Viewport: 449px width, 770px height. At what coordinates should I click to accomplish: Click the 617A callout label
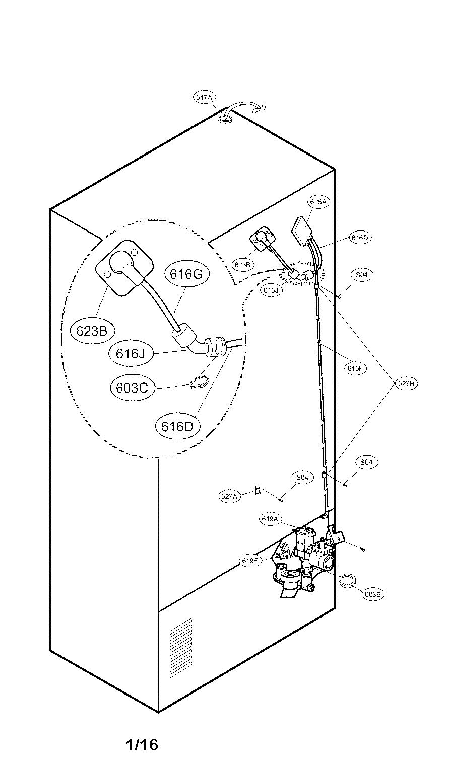point(204,97)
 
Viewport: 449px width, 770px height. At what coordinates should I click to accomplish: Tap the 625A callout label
point(318,202)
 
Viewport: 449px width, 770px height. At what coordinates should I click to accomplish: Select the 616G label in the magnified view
point(186,274)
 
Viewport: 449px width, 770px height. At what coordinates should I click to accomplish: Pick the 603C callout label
point(132,388)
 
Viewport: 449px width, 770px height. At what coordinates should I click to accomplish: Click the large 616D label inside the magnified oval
point(177,427)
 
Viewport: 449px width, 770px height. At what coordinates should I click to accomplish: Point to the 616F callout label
point(355,368)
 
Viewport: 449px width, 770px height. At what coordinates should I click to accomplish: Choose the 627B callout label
point(406,383)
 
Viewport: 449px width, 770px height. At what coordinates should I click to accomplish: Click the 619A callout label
point(270,519)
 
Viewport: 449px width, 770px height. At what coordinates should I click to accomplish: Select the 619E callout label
point(250,561)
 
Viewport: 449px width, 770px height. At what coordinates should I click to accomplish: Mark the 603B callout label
point(373,594)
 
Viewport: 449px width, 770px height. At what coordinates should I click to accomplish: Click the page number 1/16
point(142,744)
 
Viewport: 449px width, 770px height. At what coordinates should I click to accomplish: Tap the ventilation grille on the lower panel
point(181,648)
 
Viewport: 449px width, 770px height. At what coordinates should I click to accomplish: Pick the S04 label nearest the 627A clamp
point(302,477)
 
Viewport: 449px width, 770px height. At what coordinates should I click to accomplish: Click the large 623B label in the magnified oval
point(92,331)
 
